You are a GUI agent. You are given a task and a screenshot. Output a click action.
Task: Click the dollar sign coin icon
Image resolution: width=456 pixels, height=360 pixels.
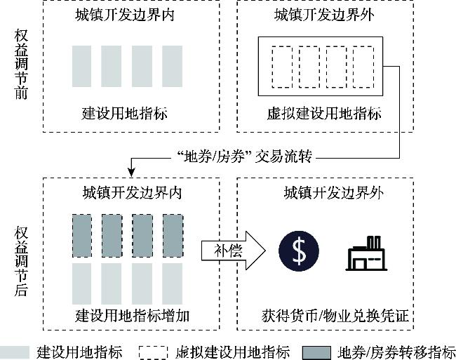299,251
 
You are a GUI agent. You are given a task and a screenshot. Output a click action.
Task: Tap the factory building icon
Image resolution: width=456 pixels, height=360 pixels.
366,253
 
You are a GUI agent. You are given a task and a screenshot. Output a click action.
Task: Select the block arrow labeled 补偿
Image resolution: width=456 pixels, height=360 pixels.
233,251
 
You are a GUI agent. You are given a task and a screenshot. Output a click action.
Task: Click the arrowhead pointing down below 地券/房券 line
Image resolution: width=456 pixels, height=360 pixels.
131,172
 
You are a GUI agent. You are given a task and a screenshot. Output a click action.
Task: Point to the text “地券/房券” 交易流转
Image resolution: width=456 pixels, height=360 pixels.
245,156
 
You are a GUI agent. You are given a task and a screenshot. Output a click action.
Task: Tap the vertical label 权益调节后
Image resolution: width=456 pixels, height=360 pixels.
21,261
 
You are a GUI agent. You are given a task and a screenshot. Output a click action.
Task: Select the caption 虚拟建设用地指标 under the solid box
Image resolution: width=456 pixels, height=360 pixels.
324,113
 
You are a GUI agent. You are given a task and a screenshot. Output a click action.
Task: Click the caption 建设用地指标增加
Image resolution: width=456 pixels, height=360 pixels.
133,316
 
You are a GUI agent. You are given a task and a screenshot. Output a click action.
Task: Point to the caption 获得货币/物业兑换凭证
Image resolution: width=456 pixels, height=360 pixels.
335,316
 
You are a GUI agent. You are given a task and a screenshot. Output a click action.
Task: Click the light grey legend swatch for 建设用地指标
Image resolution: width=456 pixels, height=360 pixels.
15,352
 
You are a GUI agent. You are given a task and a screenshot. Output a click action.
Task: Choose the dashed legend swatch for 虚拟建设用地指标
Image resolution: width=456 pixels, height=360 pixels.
153,352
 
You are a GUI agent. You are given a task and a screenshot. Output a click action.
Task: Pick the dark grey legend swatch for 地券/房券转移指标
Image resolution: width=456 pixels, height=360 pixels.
316,352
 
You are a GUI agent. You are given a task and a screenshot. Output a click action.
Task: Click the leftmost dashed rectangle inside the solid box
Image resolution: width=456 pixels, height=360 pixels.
282,67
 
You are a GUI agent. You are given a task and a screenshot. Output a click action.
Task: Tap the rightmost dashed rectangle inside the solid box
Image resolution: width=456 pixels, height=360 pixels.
363,67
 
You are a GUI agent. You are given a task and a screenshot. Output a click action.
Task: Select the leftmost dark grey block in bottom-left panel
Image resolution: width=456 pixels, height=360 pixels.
81,236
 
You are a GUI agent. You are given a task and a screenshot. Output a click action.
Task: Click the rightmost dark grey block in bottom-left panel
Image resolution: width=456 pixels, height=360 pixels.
173,236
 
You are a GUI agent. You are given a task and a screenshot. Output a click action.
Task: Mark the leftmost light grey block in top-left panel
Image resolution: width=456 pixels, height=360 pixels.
81,66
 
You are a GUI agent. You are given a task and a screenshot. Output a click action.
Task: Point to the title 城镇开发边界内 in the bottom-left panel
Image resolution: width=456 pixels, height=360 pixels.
133,192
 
